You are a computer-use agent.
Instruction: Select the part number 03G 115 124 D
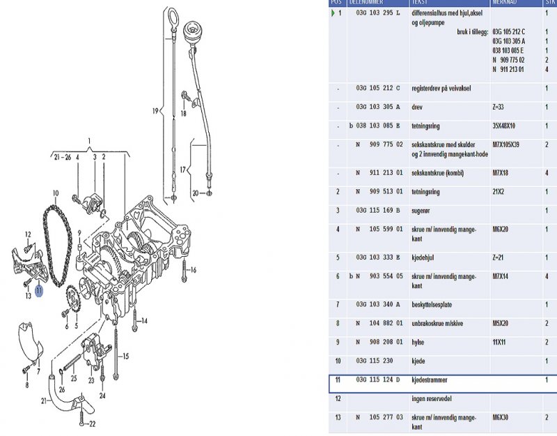pos(378,380)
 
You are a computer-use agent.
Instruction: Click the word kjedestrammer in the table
pos(430,380)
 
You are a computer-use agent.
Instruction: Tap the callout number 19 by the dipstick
pos(156,111)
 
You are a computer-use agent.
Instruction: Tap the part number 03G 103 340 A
pos(378,305)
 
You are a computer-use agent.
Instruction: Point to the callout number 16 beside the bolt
pos(193,271)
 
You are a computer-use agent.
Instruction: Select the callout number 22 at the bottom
pos(93,424)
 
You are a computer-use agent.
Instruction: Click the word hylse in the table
pos(421,343)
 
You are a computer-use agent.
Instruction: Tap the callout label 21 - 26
pos(62,158)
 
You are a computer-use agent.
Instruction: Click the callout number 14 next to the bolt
pos(145,321)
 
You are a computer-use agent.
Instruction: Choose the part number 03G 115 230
pos(373,361)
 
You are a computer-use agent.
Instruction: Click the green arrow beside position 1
pos(333,13)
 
